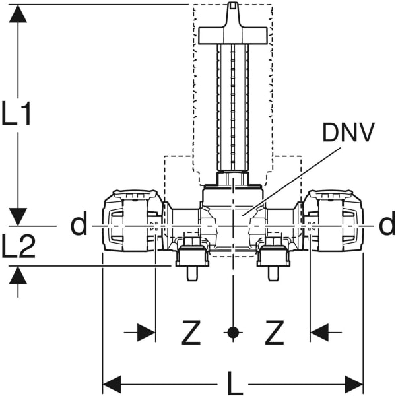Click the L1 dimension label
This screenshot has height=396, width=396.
[17, 114]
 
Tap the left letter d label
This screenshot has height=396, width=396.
[79, 225]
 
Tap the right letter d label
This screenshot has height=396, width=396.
[387, 225]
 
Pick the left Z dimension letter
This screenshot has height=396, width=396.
[191, 333]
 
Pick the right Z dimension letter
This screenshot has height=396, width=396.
[274, 333]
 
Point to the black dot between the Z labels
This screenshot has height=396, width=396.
[232, 333]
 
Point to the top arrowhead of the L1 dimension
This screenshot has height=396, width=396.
[18, 13]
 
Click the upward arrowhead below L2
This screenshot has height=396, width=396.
[18, 275]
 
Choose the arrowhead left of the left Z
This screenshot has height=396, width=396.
[147, 333]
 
